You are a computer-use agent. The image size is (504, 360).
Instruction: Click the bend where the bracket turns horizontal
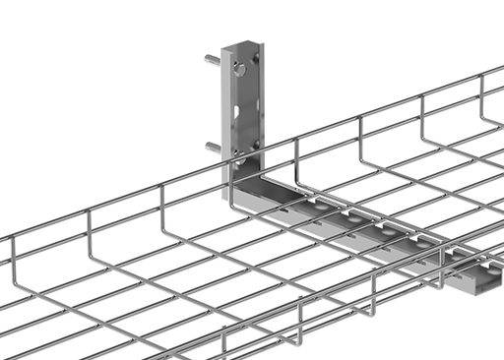pyautogui.click(x=237, y=195)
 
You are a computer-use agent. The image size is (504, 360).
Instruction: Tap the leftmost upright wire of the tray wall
pyautogui.click(x=14, y=258)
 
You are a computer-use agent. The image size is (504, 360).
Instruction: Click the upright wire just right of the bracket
pyautogui.click(x=296, y=157)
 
